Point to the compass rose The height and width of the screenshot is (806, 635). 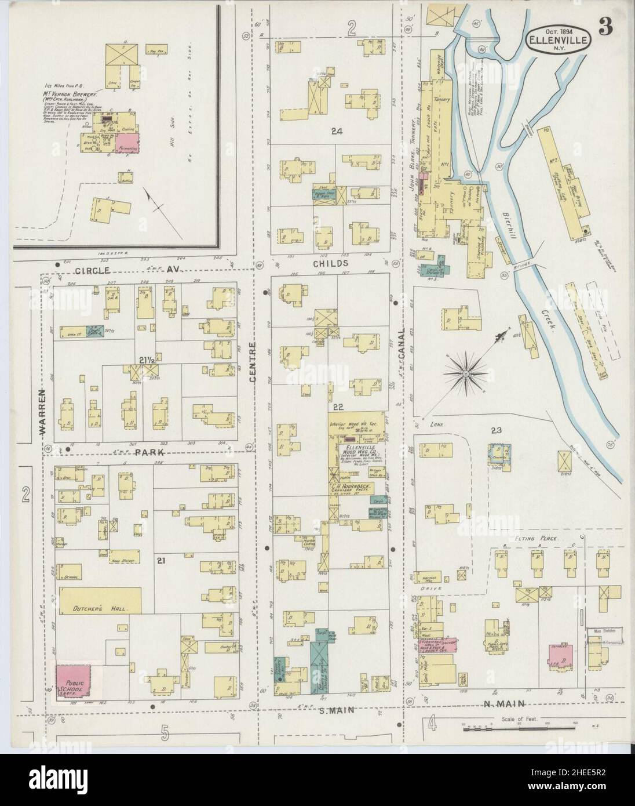465,376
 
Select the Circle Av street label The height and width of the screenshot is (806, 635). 122,270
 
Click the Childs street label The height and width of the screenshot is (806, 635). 331,263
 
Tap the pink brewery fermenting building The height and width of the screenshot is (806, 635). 127,143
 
